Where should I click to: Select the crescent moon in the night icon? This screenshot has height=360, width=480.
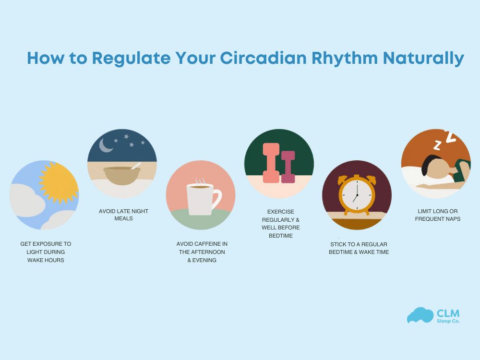[x=105, y=145]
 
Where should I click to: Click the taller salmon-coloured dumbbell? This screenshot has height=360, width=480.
[x=271, y=163]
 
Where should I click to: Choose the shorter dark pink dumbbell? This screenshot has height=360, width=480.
[x=288, y=167]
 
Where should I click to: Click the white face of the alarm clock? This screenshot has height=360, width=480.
[x=357, y=196]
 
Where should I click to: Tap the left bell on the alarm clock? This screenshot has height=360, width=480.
[x=343, y=180]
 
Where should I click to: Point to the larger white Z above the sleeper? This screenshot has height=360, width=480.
[x=450, y=137]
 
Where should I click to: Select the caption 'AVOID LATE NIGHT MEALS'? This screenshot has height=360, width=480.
[x=123, y=215]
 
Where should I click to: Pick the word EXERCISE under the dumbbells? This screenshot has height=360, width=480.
[x=281, y=211]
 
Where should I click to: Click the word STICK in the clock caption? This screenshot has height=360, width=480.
[x=337, y=244]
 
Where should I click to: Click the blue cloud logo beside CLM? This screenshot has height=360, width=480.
[x=420, y=315]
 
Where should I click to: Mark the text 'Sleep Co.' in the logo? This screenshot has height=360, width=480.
[x=448, y=321]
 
